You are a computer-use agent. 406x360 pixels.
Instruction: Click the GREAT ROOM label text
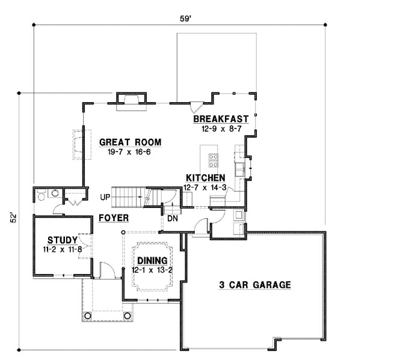click(x=131, y=142)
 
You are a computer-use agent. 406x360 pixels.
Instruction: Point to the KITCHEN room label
click(x=205, y=178)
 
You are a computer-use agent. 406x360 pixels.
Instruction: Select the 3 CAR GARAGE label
click(x=254, y=285)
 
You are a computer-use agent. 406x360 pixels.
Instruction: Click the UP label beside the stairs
click(x=105, y=197)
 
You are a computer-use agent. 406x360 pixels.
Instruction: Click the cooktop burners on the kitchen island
click(x=214, y=160)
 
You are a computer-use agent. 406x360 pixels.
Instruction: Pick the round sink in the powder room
click(x=55, y=194)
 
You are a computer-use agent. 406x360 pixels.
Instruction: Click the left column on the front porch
click(x=88, y=316)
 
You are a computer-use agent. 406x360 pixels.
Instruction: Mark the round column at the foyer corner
click(x=123, y=231)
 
